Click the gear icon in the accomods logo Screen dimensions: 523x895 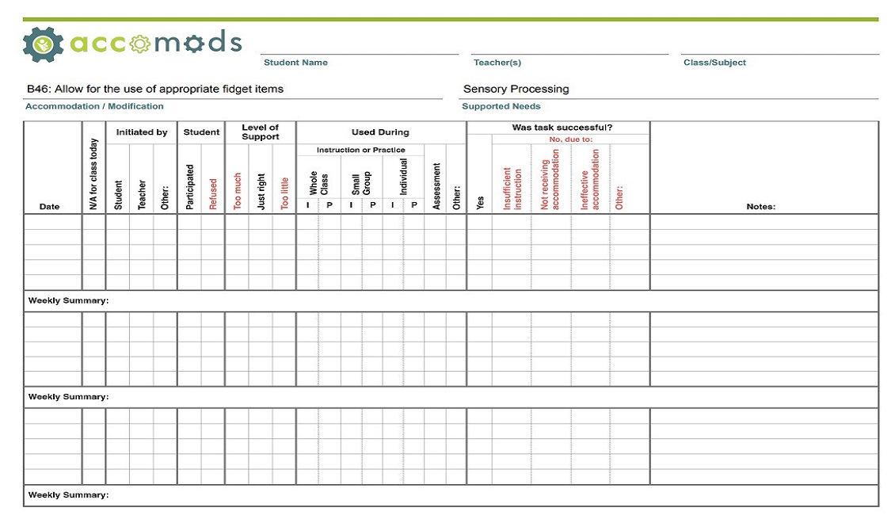tap(43, 44)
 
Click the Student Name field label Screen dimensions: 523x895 tap(295, 63)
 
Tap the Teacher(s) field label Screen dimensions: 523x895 tap(497, 63)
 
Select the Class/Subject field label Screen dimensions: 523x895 tap(714, 63)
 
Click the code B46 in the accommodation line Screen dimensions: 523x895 tap(37, 89)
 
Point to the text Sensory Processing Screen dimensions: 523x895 tap(516, 89)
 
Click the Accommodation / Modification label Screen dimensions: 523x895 tap(94, 106)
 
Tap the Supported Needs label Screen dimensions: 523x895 tap(501, 106)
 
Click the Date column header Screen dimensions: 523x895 tap(49, 207)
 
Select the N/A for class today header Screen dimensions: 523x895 tap(93, 174)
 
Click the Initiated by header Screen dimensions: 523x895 tap(142, 132)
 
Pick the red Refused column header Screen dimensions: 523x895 tap(213, 193)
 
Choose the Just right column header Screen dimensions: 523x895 tap(261, 192)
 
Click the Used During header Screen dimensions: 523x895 tap(380, 132)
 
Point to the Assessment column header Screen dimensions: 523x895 tap(436, 187)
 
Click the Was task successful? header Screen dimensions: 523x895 tap(562, 128)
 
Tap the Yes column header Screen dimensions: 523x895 tap(479, 203)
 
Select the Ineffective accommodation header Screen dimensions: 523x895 tap(590, 180)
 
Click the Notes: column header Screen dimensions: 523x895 tap(760, 207)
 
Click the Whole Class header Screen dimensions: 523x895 tap(318, 184)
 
